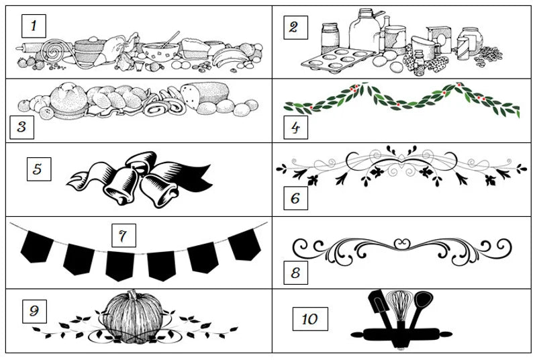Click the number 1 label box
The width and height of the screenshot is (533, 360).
click(x=34, y=26)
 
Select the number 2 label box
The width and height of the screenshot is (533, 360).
click(x=296, y=28)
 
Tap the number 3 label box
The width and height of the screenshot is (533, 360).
click(x=21, y=127)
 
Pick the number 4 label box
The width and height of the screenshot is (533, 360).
click(x=296, y=127)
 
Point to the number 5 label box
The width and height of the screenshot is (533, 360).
click(x=39, y=169)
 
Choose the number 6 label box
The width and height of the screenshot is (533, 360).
click(x=296, y=198)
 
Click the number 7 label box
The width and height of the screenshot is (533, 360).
click(x=124, y=236)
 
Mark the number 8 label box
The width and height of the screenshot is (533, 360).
click(x=296, y=273)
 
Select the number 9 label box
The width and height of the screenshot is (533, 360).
click(x=34, y=312)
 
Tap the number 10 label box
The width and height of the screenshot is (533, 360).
click(x=310, y=319)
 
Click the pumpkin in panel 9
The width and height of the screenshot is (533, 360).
click(x=133, y=316)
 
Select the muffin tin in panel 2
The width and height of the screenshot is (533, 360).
click(x=338, y=60)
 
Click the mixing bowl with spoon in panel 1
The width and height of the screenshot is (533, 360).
click(x=160, y=51)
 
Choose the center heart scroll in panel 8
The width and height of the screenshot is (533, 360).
click(x=402, y=243)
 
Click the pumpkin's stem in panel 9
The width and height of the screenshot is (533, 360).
click(x=132, y=295)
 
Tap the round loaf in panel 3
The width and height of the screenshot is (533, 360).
click(x=68, y=99)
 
